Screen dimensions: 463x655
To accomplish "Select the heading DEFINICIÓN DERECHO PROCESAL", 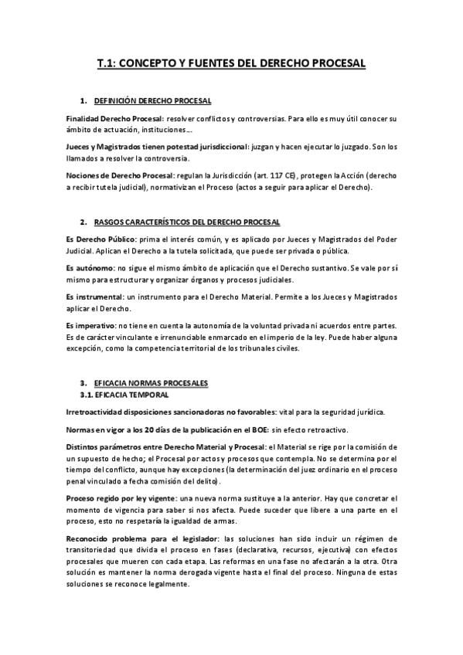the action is [152, 101].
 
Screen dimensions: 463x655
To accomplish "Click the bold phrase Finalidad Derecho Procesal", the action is [114, 118].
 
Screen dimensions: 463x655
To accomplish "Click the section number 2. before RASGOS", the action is [83, 222].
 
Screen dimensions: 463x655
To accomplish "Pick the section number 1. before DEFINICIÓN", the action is [83, 101].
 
